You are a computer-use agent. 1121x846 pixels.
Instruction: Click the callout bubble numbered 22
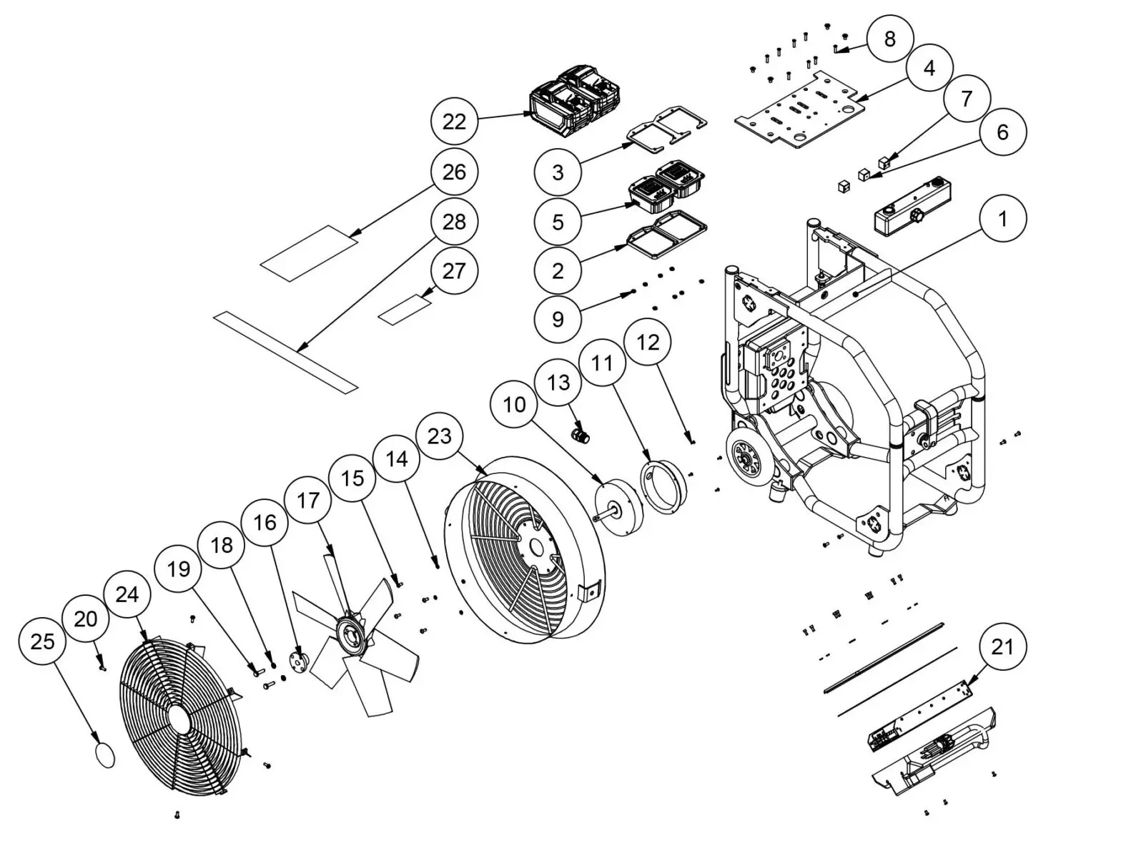point(454,122)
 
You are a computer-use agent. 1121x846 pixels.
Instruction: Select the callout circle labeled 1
point(1002,218)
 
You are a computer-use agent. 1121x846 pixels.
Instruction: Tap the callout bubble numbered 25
point(42,641)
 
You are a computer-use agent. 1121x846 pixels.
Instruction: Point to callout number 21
point(1002,646)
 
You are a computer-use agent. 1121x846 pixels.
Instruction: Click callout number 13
point(558,382)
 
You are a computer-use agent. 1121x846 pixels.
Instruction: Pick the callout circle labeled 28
point(454,222)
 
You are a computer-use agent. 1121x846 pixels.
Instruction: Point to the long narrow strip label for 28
point(286,352)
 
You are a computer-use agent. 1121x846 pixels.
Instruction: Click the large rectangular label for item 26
point(309,253)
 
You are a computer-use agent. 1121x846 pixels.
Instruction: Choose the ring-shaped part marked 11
point(663,487)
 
